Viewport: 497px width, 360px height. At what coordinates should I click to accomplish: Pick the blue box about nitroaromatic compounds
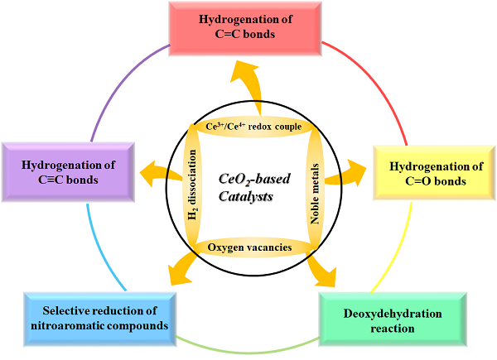point(99,318)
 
